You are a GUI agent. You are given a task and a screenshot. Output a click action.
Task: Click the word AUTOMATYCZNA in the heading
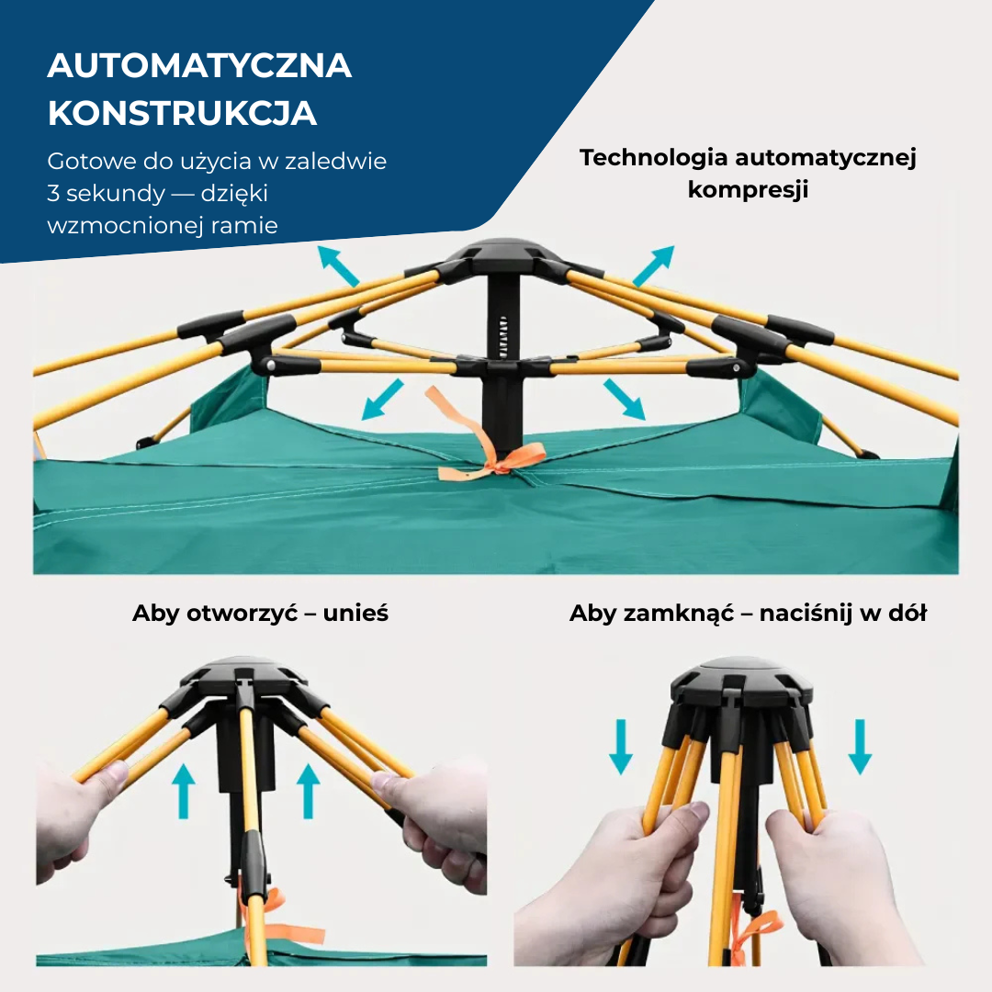(x=199, y=66)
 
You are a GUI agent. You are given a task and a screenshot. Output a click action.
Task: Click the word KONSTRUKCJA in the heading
(x=182, y=113)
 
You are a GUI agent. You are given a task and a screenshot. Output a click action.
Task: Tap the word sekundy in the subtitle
(x=116, y=194)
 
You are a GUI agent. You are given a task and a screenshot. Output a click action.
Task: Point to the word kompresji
(x=748, y=189)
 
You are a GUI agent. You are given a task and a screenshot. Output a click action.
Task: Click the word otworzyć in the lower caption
(x=242, y=613)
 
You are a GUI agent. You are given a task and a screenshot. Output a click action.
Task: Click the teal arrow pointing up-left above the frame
(x=338, y=265)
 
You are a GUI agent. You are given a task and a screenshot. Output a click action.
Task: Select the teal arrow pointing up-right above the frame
(x=654, y=265)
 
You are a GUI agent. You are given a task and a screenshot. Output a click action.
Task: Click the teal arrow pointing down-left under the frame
(x=382, y=400)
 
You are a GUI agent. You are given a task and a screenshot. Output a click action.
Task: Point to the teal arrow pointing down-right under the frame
(x=624, y=400)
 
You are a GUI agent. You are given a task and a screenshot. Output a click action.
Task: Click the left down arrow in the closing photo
(x=621, y=747)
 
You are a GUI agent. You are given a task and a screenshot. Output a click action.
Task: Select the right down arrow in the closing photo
(x=860, y=747)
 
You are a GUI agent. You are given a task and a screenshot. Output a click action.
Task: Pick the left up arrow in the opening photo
(x=184, y=791)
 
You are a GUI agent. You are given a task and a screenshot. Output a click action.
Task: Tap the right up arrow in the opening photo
(x=308, y=791)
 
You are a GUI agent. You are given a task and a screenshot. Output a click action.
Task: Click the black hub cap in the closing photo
(x=741, y=680)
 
